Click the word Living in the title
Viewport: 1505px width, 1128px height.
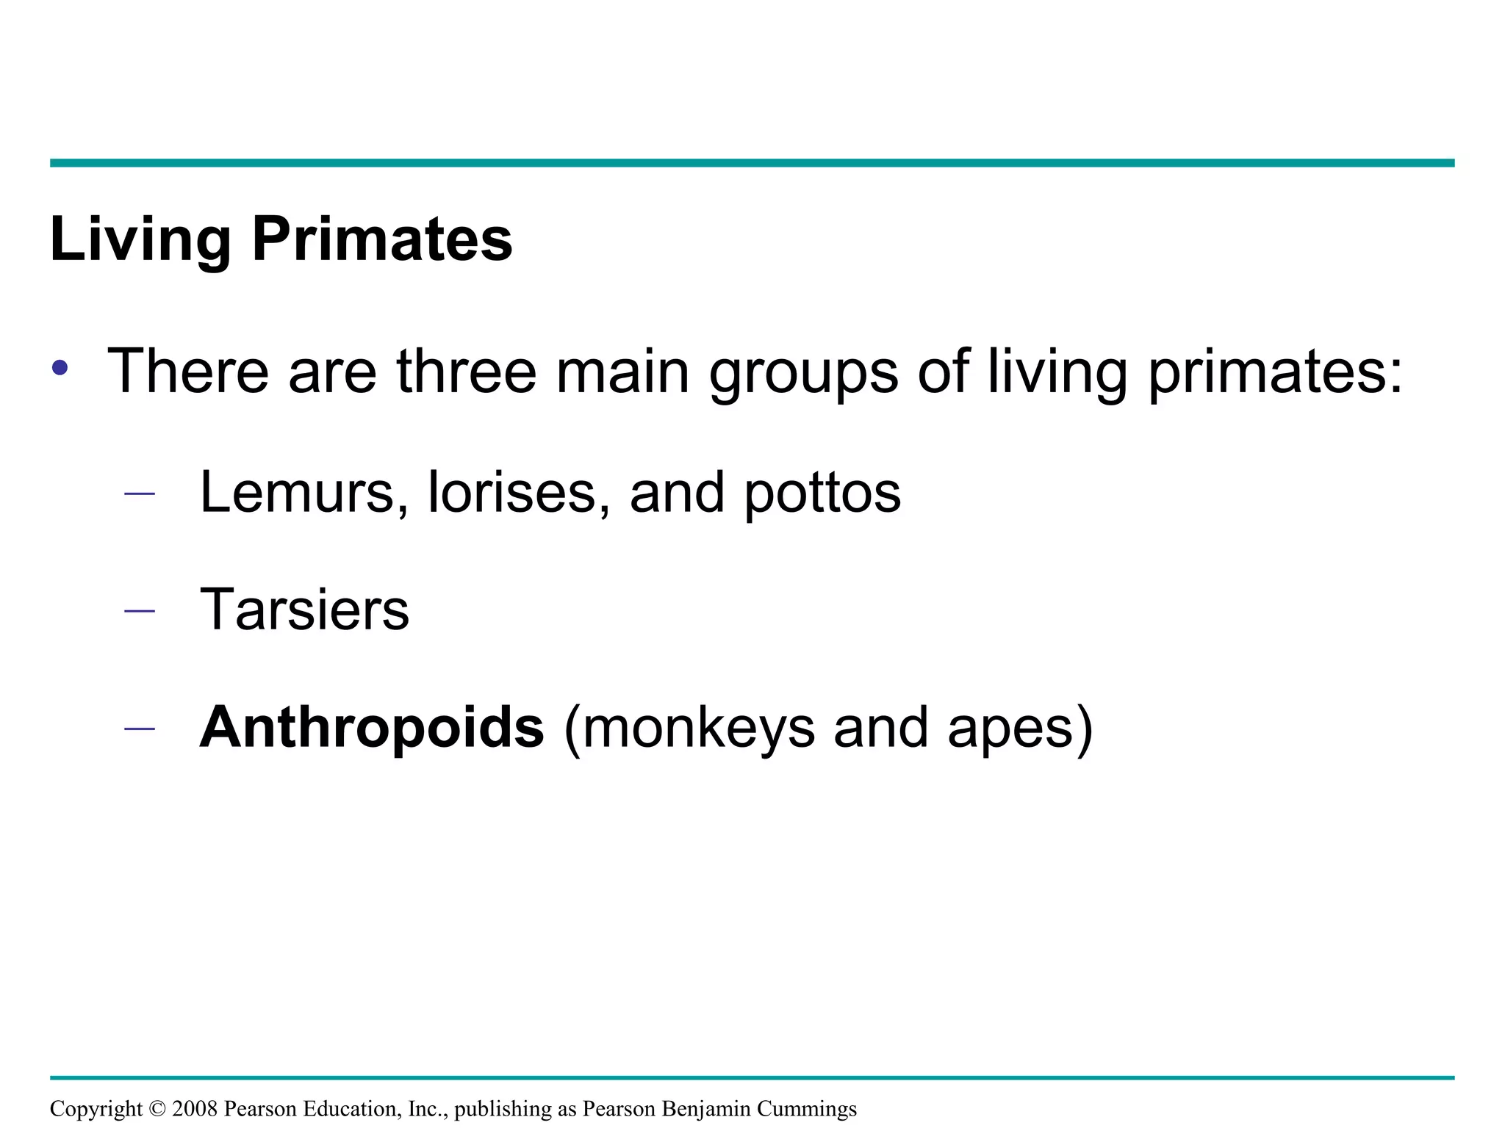[x=140, y=239]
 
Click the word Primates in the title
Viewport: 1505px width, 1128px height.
[x=382, y=239]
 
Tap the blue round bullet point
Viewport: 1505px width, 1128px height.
[x=60, y=367]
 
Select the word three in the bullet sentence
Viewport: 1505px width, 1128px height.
[x=467, y=371]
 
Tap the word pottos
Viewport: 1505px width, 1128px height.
[x=822, y=493]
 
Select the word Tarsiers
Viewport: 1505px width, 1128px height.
[x=304, y=610]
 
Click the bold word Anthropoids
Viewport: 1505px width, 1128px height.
[x=372, y=728]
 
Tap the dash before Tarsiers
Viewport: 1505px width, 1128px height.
[x=140, y=610]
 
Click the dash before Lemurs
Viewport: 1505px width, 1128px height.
[x=140, y=493]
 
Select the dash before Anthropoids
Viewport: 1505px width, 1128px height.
[x=140, y=728]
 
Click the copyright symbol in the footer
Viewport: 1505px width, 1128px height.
[x=157, y=1109]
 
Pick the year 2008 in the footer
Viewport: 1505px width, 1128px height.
[x=195, y=1109]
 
